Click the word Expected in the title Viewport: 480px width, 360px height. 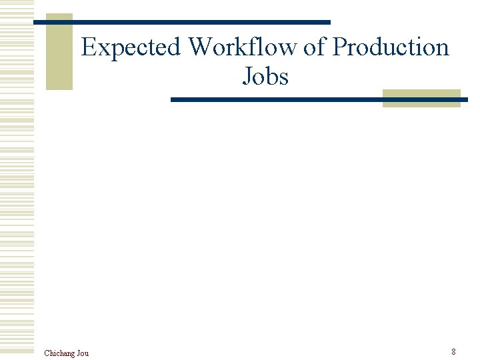(x=131, y=48)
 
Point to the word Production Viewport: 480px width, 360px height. (x=391, y=48)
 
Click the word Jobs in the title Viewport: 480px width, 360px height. (x=265, y=77)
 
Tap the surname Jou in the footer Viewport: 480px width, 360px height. (x=83, y=353)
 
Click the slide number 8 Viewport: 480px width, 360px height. (x=453, y=351)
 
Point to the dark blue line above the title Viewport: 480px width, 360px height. (x=181, y=22)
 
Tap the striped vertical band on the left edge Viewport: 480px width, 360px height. (x=17, y=180)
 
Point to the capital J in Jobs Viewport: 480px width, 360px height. (x=247, y=77)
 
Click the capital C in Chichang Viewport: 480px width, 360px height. (x=47, y=353)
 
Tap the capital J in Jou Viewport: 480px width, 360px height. (x=77, y=353)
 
